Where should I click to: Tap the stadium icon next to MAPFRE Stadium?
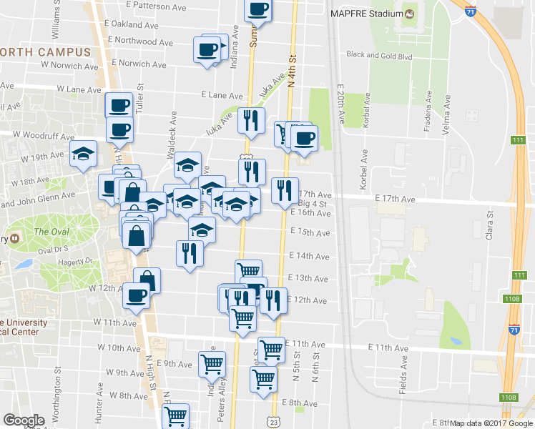[409, 14]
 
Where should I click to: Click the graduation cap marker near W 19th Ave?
[83, 153]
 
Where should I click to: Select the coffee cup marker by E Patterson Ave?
[258, 10]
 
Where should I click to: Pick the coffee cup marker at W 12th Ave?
[136, 295]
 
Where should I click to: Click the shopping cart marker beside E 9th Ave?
[212, 363]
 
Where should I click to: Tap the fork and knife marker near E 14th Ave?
[190, 253]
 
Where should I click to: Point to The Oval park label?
[51, 232]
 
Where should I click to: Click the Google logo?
[24, 420]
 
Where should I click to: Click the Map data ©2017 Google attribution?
[491, 423]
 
